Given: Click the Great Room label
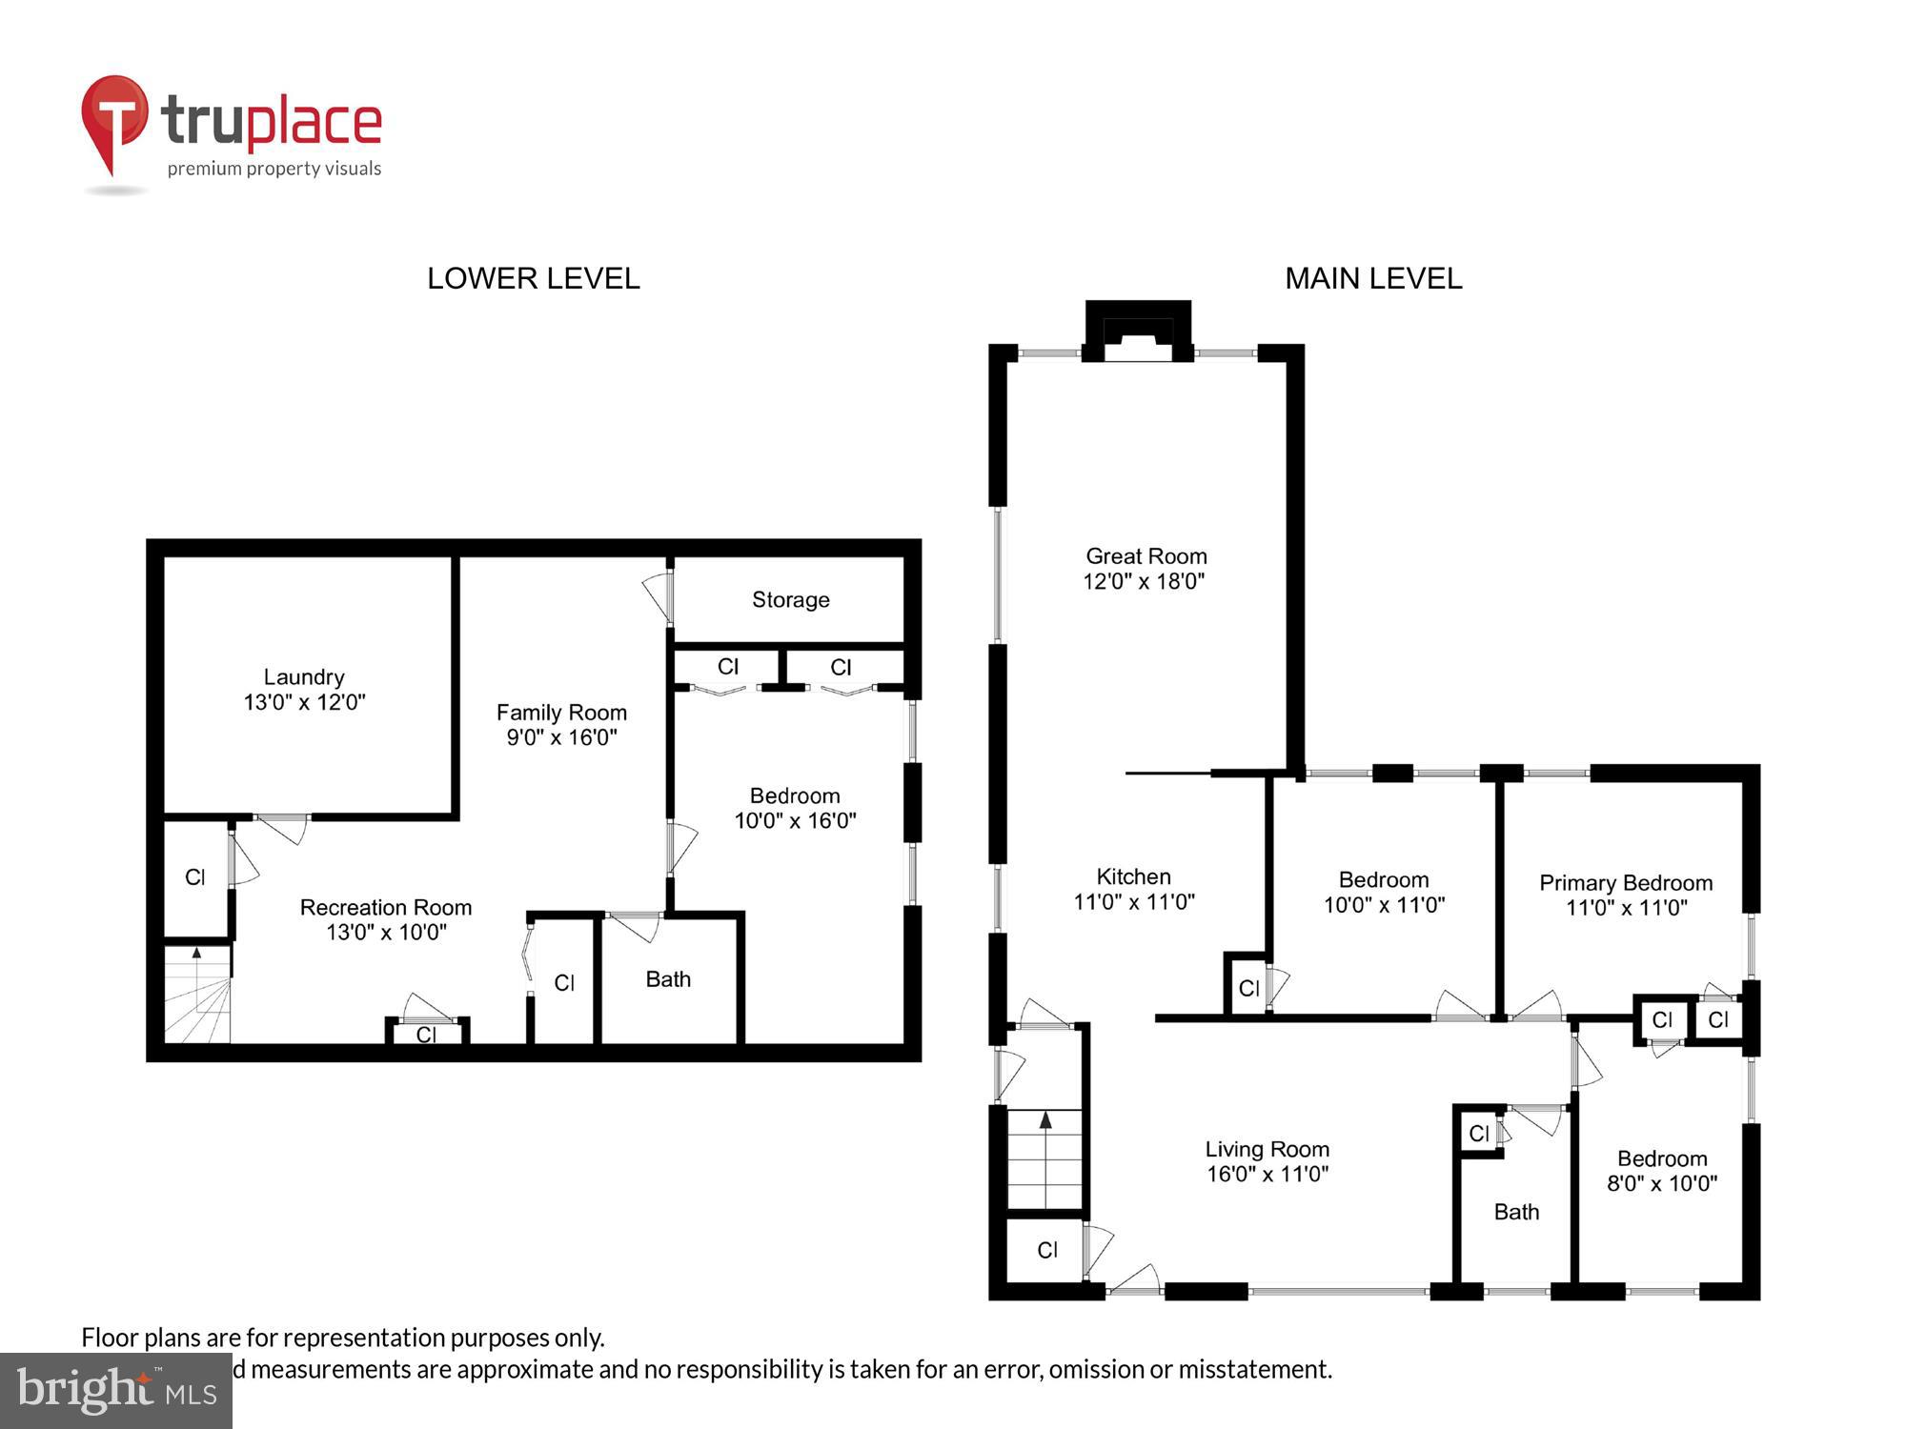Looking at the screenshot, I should pyautogui.click(x=1146, y=556).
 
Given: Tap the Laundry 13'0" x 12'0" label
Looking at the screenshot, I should pyautogui.click(x=304, y=690).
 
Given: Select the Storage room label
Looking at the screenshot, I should pyautogui.click(x=790, y=599).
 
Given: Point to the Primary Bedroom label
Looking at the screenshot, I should pyautogui.click(x=1626, y=883).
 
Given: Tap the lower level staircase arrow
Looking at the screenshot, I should pyautogui.click(x=197, y=952).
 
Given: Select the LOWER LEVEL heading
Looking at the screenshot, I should pyautogui.click(x=533, y=278).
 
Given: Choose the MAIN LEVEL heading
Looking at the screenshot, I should pyautogui.click(x=1372, y=278).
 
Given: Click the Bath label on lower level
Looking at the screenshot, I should pyautogui.click(x=668, y=979).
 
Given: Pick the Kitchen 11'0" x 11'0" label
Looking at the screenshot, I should pyautogui.click(x=1133, y=889).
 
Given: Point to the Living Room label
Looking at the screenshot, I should pyautogui.click(x=1267, y=1150).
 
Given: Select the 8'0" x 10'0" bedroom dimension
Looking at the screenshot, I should pyautogui.click(x=1662, y=1184).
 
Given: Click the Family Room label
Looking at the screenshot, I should pyautogui.click(x=561, y=713).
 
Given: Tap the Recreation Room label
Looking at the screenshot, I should pyautogui.click(x=385, y=908).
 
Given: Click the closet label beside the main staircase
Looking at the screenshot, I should pyautogui.click(x=1047, y=1250).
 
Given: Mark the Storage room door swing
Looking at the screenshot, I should pyautogui.click(x=657, y=596).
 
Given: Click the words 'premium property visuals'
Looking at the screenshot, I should pyautogui.click(x=274, y=169).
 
